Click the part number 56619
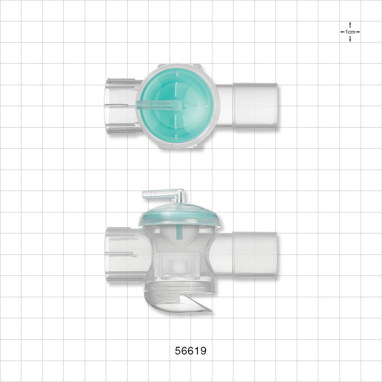click(191, 351)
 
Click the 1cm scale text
click(350, 32)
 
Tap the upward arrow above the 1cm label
click(350, 24)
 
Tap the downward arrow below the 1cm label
click(350, 40)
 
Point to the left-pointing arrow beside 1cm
click(342, 32)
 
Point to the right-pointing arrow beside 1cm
click(358, 32)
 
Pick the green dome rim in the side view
click(179, 222)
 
